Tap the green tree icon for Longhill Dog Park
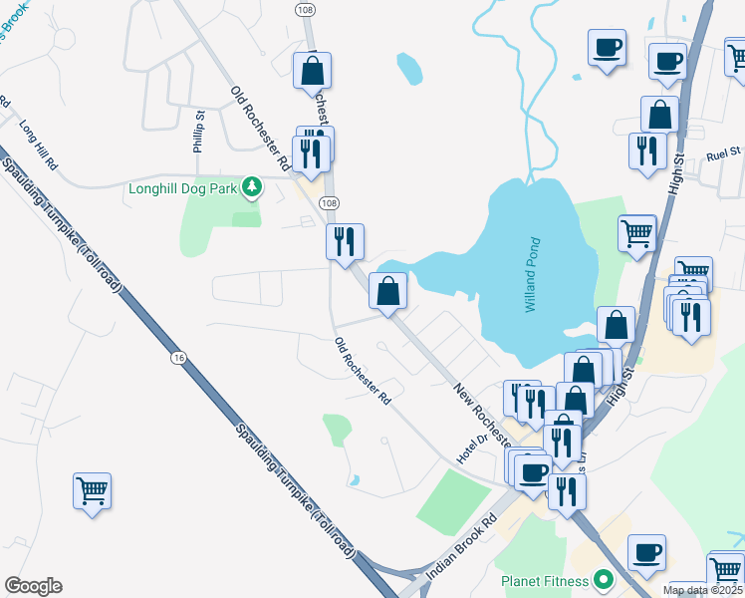point(253,185)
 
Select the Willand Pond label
point(533,274)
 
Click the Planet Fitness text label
point(545,579)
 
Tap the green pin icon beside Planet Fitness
point(602,578)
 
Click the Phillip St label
point(199,130)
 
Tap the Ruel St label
point(724,153)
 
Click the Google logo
point(33,586)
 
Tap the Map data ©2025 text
point(703,590)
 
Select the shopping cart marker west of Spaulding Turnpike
point(92,490)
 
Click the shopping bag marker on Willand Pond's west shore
point(388,292)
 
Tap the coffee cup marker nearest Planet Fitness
point(646,552)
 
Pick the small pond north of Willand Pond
point(409,68)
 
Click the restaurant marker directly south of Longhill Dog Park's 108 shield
point(346,242)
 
